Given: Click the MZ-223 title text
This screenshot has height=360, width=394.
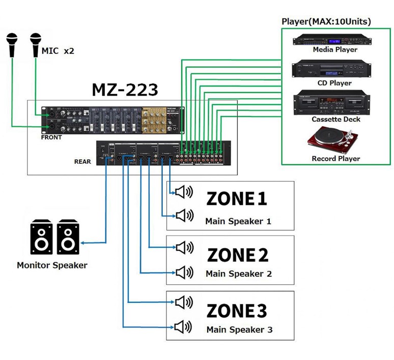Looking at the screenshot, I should [125, 89].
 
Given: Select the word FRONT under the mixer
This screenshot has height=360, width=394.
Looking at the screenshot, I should [51, 137].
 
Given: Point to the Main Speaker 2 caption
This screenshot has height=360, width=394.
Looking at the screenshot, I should [239, 274].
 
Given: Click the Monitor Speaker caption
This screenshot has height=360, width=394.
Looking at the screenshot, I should [52, 265].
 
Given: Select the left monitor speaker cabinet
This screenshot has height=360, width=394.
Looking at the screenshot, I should [42, 237].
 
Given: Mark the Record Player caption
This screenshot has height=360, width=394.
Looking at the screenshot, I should [335, 159].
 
